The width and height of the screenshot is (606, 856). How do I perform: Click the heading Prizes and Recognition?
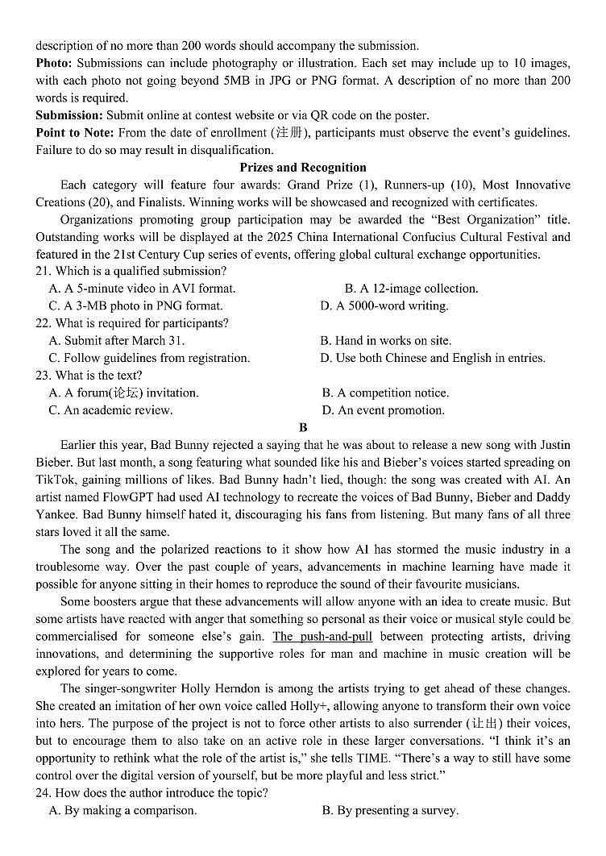click(x=302, y=168)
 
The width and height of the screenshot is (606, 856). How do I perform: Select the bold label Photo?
click(x=53, y=63)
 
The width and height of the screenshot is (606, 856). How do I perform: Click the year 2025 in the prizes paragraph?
click(x=338, y=237)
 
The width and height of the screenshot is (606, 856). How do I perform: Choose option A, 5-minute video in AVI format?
click(x=143, y=289)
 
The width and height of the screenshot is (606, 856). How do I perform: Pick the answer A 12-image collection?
click(x=412, y=289)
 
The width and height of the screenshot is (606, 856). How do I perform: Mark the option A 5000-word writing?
click(x=384, y=306)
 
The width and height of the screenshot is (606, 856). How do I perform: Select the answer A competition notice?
click(x=386, y=393)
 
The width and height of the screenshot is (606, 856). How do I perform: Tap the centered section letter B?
click(x=303, y=428)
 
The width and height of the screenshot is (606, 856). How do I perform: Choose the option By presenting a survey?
click(x=390, y=811)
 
